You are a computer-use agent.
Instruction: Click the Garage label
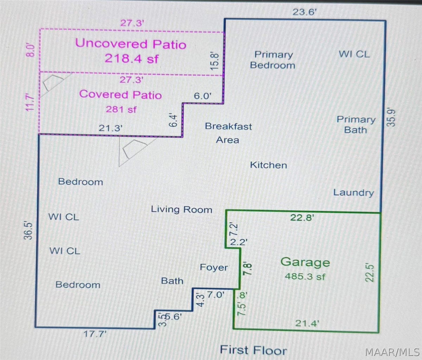305,262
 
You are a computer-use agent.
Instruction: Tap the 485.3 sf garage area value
305,277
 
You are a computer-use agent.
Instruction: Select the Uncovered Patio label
131,44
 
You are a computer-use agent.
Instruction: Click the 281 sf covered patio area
121,109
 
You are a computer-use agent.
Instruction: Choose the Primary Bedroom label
273,60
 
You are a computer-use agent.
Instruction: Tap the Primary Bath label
356,125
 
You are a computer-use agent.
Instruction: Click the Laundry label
354,192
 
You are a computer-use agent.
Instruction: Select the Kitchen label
268,165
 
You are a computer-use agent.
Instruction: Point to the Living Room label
181,209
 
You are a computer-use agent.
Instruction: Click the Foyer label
214,267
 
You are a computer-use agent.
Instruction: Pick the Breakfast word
228,126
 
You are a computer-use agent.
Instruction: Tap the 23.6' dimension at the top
305,12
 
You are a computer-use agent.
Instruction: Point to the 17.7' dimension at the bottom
95,334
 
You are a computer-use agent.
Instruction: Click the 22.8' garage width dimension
302,217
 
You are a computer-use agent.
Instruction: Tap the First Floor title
253,350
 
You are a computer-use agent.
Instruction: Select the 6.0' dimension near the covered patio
202,96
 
